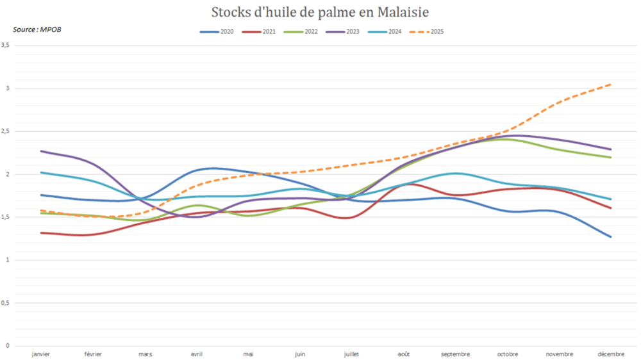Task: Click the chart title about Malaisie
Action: pos(320,13)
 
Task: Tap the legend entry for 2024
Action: pos(394,31)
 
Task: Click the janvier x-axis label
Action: pos(41,354)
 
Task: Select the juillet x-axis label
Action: pos(352,354)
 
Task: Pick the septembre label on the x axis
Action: pos(456,354)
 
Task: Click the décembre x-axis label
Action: pos(611,354)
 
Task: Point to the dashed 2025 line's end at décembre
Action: pos(611,84)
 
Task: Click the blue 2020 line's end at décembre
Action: pos(611,237)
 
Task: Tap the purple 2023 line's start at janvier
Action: pos(41,151)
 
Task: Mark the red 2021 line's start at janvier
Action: pos(41,233)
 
